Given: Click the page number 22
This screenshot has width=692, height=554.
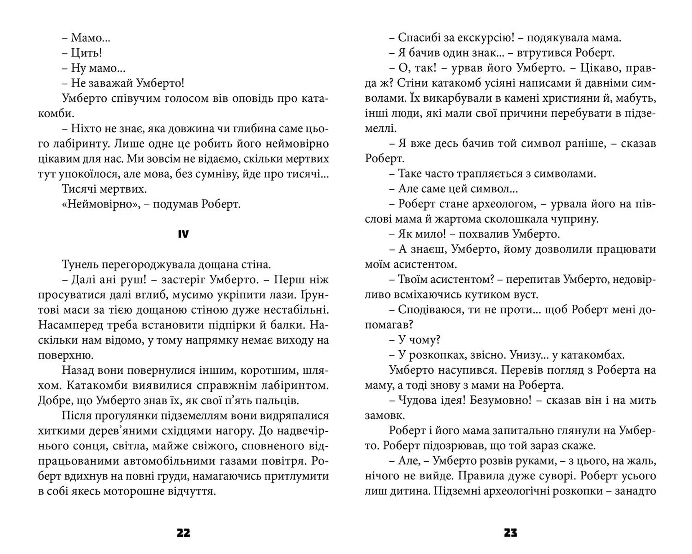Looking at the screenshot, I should click(x=183, y=533).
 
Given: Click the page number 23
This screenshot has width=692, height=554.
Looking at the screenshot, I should click(x=510, y=533).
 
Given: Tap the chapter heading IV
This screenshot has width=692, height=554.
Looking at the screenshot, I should click(x=183, y=234).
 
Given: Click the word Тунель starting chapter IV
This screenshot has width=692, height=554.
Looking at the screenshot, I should click(x=80, y=265).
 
